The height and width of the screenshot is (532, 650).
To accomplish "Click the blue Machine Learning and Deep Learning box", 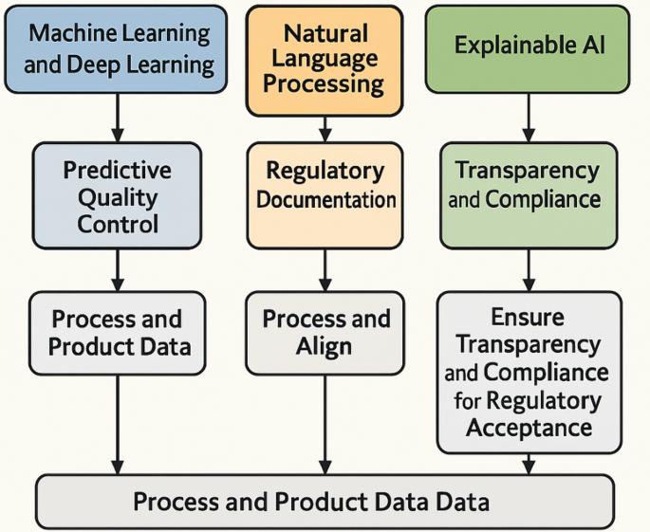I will pyautogui.click(x=118, y=49).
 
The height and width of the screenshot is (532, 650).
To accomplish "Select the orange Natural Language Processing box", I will pyautogui.click(x=325, y=59).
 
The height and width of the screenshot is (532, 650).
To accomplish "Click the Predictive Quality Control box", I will pyautogui.click(x=118, y=196).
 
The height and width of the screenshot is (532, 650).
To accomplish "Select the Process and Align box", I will pyautogui.click(x=325, y=332).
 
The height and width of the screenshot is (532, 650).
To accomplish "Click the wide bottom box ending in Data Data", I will pyautogui.click(x=325, y=501).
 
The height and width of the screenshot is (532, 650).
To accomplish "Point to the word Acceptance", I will pyautogui.click(x=529, y=428).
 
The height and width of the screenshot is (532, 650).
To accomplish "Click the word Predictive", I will pyautogui.click(x=118, y=171).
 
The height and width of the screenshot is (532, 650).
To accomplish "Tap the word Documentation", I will pyautogui.click(x=325, y=200).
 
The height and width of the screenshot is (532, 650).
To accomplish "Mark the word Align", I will pyautogui.click(x=325, y=347).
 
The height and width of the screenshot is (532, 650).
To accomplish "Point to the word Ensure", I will pyautogui.click(x=529, y=317).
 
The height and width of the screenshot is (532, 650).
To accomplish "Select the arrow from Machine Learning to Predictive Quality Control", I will pyautogui.click(x=118, y=118).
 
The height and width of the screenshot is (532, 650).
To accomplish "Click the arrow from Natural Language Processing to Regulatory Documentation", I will pyautogui.click(x=325, y=129).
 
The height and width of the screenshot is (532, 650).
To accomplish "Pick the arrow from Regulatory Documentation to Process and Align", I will pyautogui.click(x=325, y=269).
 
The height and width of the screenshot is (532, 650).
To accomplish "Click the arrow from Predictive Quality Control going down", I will pyautogui.click(x=118, y=269).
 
